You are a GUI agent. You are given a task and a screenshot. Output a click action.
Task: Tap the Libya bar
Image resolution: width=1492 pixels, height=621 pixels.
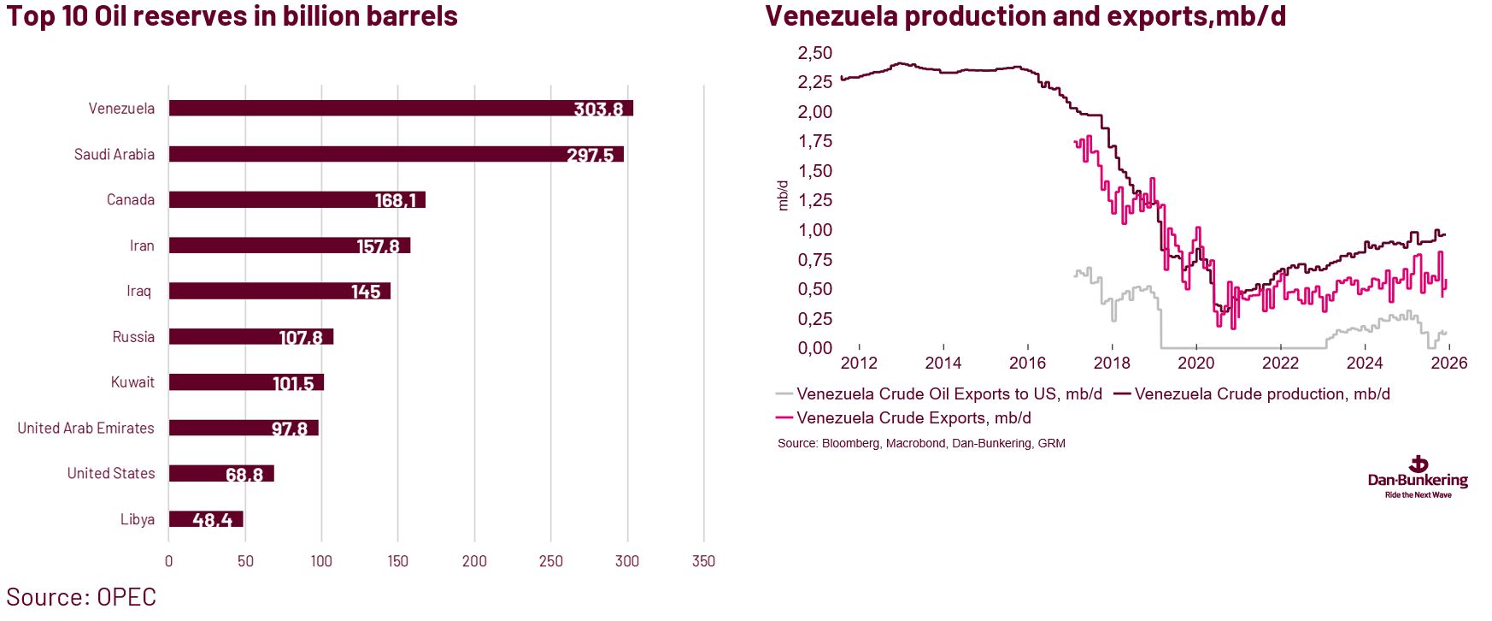coord(206,519)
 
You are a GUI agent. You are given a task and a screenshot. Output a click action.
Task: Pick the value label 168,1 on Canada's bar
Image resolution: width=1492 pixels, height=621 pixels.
coord(396,200)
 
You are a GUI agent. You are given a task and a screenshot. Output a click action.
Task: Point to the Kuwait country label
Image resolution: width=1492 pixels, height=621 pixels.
coord(132,382)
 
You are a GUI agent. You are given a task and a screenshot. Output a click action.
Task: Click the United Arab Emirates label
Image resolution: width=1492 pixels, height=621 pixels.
coord(85,428)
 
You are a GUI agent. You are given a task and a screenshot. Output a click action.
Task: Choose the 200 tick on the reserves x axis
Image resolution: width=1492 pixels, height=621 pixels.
coord(474,561)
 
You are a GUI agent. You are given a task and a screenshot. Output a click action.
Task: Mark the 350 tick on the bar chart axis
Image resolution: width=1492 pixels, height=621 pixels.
coord(703,561)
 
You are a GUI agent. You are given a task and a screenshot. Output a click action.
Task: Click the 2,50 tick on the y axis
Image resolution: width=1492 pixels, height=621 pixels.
coord(814,53)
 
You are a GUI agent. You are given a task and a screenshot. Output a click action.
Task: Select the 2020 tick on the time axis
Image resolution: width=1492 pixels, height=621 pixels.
coord(1195,363)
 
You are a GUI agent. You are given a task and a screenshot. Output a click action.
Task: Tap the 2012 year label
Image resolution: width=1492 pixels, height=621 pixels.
coord(859,363)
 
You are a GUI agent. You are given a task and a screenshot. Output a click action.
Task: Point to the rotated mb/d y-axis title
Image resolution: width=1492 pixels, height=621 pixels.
coord(783,195)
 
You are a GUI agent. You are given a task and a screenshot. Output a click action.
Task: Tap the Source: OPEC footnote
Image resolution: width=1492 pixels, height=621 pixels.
coord(81,597)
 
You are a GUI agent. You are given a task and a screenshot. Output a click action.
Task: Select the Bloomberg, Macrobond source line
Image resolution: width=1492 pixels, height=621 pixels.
coord(921,443)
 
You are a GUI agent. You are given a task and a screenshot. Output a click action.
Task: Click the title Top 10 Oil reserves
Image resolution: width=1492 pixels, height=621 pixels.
coord(232,16)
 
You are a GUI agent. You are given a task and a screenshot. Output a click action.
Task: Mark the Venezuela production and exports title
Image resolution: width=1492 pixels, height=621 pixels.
coord(1025,16)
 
